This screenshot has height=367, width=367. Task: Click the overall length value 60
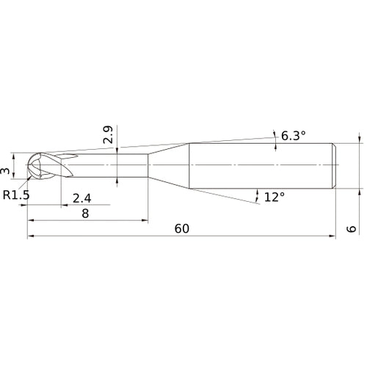(x=182, y=228)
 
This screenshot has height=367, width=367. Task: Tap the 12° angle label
(x=274, y=197)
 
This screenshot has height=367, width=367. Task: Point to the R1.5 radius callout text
(x=17, y=195)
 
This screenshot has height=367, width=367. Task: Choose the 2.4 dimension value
(x=81, y=197)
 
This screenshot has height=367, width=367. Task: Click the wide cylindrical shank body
(x=261, y=167)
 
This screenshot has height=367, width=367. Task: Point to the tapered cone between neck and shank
(x=169, y=167)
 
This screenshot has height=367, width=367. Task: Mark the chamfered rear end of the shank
(x=335, y=167)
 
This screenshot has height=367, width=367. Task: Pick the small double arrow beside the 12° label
(x=257, y=195)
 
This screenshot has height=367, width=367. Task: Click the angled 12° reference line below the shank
(x=235, y=200)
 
